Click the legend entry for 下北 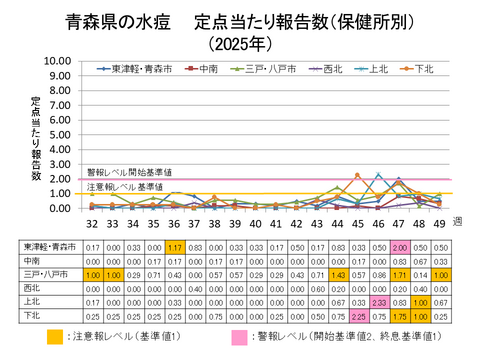click(x=422, y=69)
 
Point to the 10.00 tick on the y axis click(x=58, y=60)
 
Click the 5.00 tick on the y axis click(x=60, y=134)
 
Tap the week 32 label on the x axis click(x=91, y=225)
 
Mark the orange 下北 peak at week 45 click(x=357, y=175)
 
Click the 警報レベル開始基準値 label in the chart click(x=129, y=172)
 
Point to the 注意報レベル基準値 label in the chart click(x=125, y=187)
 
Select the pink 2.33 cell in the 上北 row click(x=379, y=300)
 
